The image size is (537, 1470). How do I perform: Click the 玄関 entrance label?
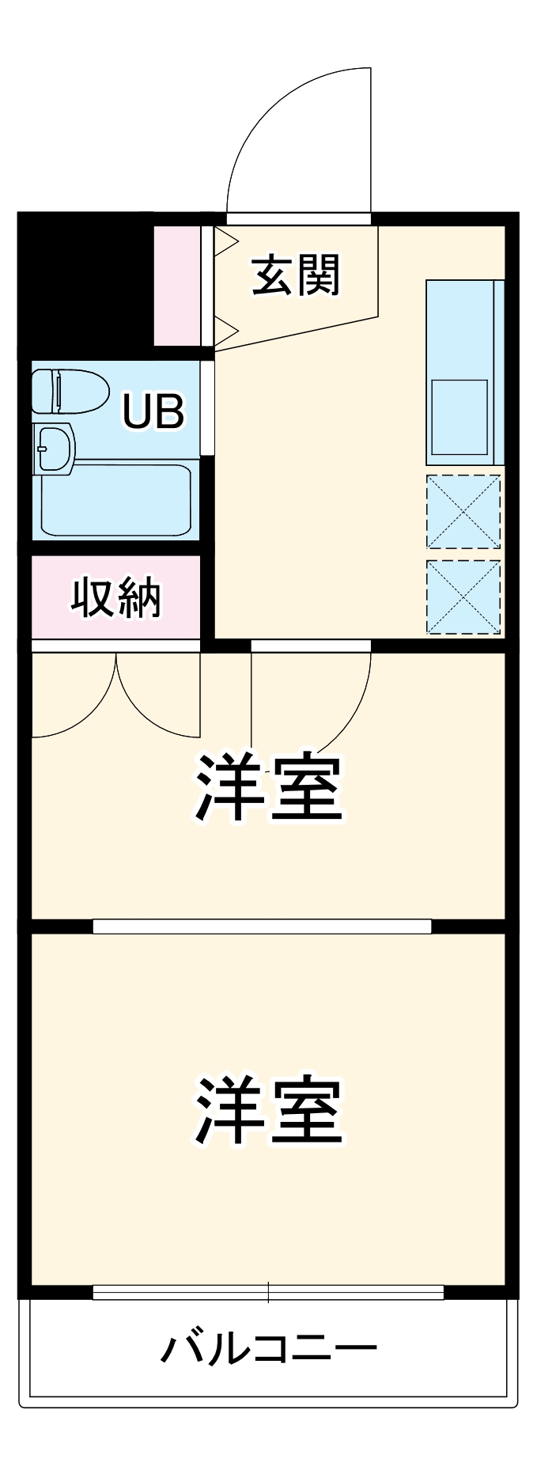pos(296,275)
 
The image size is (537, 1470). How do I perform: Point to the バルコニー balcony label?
pos(268,1348)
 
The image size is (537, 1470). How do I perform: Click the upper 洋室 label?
pos(269,788)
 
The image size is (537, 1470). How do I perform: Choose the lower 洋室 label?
pos(269,1110)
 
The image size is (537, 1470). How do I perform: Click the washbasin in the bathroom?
pos(52,448)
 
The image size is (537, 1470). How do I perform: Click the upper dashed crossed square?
pos(463,511)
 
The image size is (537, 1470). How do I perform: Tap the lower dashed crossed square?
pos(463,597)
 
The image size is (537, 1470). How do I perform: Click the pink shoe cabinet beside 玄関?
pos(176,286)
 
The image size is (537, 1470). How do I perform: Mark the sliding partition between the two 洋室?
pos(262,926)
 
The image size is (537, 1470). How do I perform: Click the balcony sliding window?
pos(268,1292)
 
